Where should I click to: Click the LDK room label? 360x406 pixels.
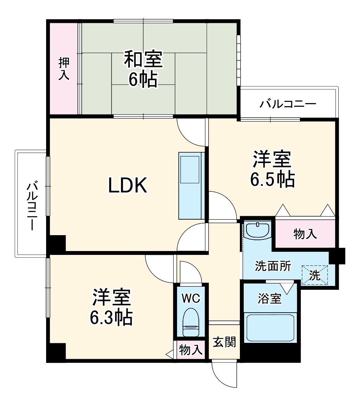pyautogui.click(x=127, y=186)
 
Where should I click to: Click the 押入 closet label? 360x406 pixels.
pyautogui.click(x=64, y=69)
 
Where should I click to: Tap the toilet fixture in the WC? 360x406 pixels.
pyautogui.click(x=190, y=322)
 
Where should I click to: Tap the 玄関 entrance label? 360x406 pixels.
pyautogui.click(x=224, y=342)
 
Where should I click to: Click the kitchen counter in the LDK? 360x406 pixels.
pyautogui.click(x=191, y=186)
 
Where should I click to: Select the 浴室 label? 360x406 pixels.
pyautogui.click(x=270, y=299)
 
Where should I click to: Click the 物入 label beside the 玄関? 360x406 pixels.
pyautogui.click(x=191, y=350)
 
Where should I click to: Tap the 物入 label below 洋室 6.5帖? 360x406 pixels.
pyautogui.click(x=305, y=234)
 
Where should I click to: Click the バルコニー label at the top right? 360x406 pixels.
pyautogui.click(x=288, y=104)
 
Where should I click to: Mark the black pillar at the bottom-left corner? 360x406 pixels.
pyautogui.click(x=56, y=352)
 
